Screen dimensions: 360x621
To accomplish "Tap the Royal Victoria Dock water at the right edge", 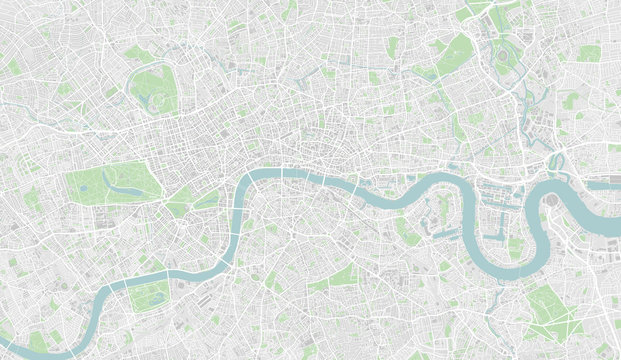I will (605, 184).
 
